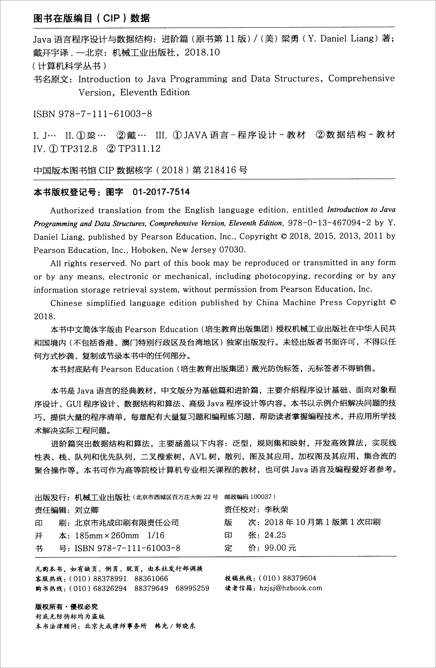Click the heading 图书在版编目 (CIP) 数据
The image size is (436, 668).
[92, 19]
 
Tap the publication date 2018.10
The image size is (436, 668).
[202, 53]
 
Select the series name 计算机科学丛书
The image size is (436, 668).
[69, 66]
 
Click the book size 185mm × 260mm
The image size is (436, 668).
[107, 535]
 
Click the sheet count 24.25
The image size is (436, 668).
[275, 535]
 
